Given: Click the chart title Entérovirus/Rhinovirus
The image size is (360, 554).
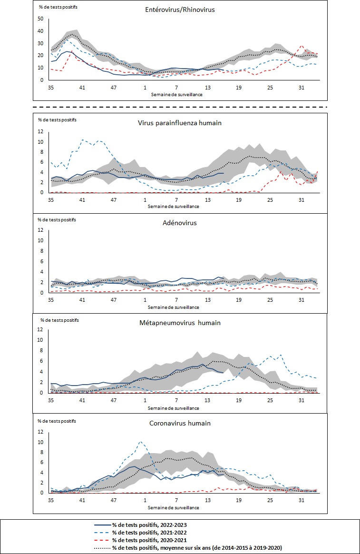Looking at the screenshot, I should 180,9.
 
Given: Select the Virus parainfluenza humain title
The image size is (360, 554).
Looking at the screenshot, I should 180,122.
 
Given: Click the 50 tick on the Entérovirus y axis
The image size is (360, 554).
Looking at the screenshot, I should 40,19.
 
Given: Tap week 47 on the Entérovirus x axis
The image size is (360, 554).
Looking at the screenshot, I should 114,88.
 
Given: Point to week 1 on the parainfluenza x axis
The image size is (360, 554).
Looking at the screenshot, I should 145,201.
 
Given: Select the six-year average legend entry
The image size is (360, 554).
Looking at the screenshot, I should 196,548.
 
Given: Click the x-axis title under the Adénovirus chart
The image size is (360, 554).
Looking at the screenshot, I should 175,307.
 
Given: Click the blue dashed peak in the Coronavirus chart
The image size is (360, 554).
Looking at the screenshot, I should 140,442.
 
